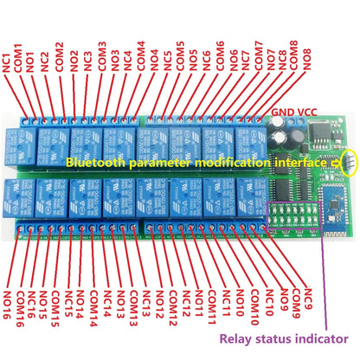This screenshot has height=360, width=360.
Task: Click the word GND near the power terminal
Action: coord(282,111)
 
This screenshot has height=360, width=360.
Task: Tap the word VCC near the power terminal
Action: coord(306,111)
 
